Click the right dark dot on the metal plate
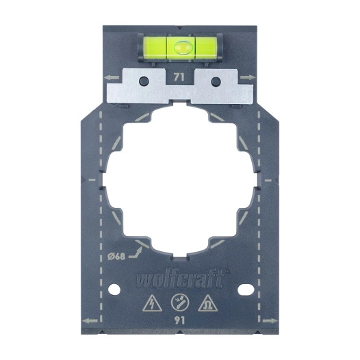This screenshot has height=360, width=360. (216, 82)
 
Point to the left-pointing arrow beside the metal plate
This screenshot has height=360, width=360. (112, 78)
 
